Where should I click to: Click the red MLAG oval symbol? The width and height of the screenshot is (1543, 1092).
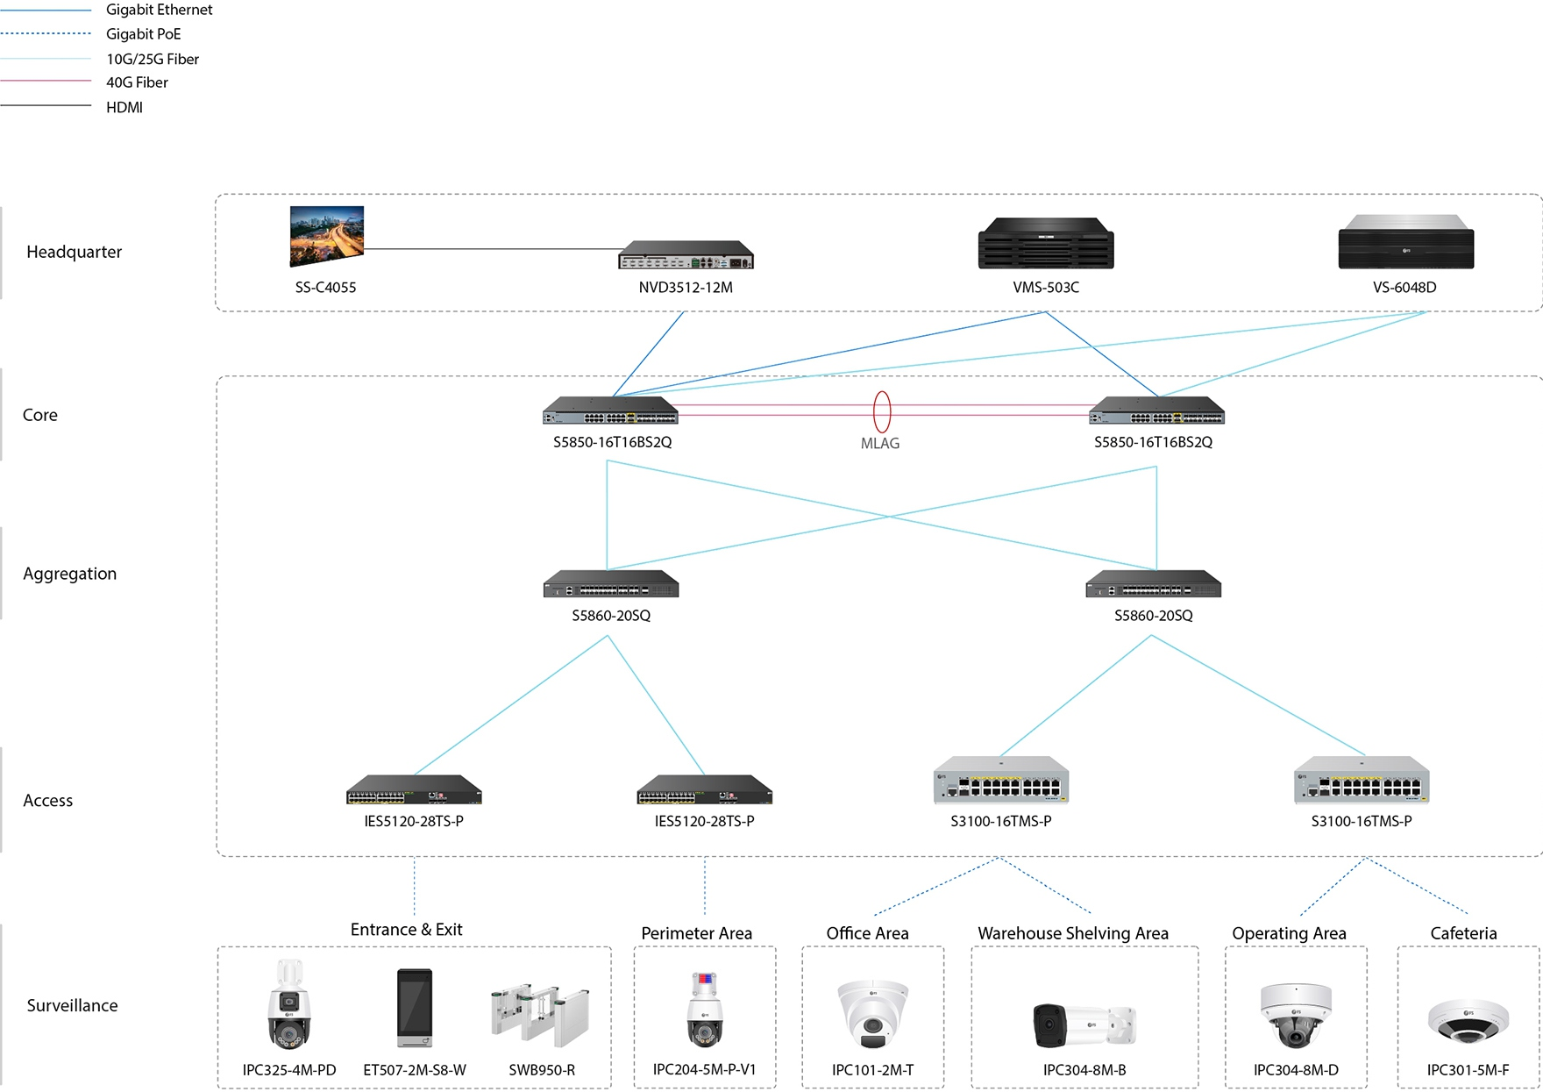882,411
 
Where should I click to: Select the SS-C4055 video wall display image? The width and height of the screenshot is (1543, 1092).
327,235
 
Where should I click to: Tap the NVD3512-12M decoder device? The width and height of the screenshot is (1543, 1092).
686,254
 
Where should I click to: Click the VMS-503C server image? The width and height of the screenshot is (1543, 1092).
1046,244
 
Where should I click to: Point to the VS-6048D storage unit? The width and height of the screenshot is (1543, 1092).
1405,242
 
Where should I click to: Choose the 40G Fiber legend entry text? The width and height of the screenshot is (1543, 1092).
137,82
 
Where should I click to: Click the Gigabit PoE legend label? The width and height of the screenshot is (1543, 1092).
143,34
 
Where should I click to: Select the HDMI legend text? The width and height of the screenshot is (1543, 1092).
124,107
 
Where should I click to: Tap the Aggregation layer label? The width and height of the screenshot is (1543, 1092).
69,574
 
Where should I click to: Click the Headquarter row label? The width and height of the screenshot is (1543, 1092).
74,252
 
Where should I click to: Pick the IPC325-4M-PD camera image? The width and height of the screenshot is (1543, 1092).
289,1005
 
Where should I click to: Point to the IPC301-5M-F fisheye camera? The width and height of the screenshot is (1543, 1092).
1468,1021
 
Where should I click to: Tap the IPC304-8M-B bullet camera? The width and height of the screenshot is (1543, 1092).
1084,1024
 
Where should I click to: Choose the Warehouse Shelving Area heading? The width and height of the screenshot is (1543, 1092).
1073,933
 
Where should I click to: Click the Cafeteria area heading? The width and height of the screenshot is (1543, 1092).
1463,933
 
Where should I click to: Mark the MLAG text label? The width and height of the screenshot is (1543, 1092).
880,444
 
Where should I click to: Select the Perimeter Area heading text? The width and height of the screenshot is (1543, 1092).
696,933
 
